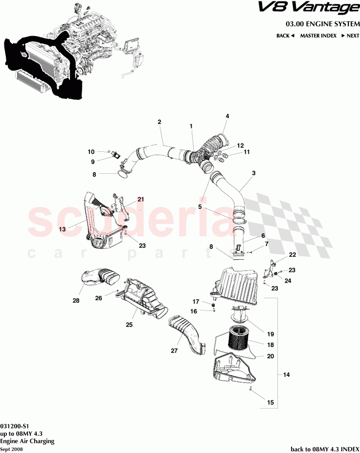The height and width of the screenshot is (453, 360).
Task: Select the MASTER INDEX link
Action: pyautogui.click(x=318, y=36)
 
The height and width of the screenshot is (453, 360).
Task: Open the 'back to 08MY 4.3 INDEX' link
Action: pyautogui.click(x=324, y=449)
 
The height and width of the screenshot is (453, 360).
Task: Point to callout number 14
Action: pyautogui.click(x=286, y=375)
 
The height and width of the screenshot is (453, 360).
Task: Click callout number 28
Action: pyautogui.click(x=76, y=301)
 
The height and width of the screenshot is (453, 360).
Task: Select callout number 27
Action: pyautogui.click(x=174, y=350)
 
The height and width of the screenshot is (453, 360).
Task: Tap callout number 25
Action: pyautogui.click(x=129, y=325)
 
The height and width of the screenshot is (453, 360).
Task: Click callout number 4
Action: pyautogui.click(x=227, y=116)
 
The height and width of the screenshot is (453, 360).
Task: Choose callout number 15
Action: pyautogui.click(x=270, y=403)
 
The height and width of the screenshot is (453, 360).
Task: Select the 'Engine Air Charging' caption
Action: pyautogui.click(x=27, y=440)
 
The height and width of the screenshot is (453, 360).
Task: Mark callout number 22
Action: pyautogui.click(x=292, y=255)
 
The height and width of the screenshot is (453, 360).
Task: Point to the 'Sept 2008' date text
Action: pyautogui.click(x=11, y=449)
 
